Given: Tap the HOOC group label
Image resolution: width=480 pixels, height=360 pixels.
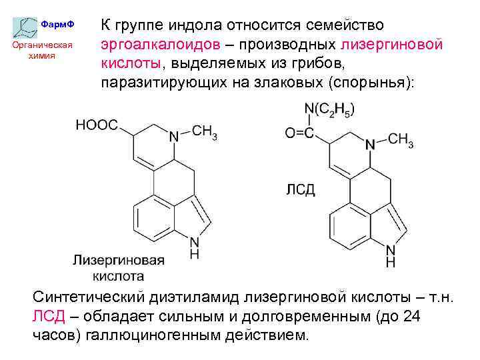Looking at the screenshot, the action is coord(97,125).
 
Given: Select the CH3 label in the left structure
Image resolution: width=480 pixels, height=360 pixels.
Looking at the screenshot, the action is coord(204,132).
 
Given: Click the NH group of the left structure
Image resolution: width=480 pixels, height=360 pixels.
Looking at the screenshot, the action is coord(194,247).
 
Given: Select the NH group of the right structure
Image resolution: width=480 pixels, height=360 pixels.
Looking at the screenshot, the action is coord(390,256).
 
